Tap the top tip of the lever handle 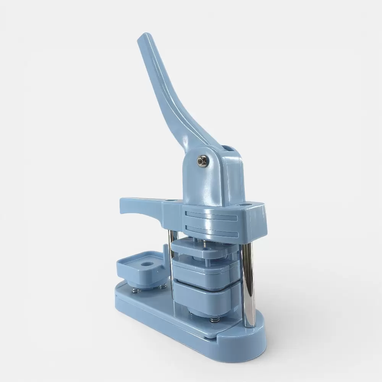point(142,37)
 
